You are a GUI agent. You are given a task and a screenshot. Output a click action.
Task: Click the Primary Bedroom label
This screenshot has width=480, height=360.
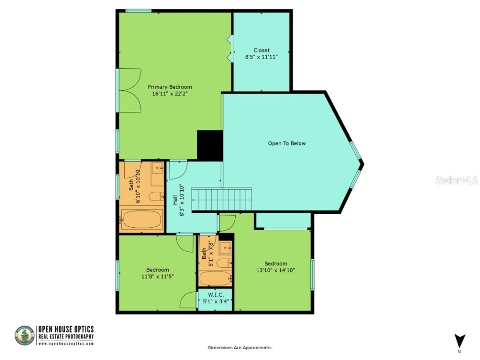point(170,87)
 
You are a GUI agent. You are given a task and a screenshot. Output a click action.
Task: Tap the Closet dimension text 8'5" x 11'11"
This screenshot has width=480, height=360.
point(262,57)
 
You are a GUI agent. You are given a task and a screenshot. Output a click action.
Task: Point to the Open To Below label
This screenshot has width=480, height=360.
point(286,143)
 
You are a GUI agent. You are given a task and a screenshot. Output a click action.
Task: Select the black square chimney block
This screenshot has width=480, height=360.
point(210,145)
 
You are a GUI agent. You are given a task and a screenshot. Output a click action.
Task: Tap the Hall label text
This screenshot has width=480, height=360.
point(175,200)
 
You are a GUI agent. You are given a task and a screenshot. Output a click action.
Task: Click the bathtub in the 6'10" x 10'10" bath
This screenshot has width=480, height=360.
point(142,219)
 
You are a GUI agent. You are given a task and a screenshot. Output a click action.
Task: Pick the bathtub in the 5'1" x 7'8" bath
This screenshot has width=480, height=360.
point(215,277)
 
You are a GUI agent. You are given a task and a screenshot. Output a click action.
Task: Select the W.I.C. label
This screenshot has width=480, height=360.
point(216,294)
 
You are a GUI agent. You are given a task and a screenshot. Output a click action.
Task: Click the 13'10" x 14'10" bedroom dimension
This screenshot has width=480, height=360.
point(275,270)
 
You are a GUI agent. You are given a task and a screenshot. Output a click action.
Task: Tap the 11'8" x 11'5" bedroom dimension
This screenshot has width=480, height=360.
point(157,276)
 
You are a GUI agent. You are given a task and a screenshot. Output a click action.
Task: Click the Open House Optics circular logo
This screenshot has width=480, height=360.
point(24,336)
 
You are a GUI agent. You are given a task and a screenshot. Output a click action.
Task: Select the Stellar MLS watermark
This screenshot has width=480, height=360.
point(456,180)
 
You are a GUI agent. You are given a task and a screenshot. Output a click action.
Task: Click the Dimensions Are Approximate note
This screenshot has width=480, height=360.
point(240,347)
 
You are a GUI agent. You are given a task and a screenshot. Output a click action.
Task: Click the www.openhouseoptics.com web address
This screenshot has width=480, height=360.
point(66,343)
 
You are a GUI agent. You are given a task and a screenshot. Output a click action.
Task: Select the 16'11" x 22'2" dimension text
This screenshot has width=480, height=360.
point(170,94)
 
